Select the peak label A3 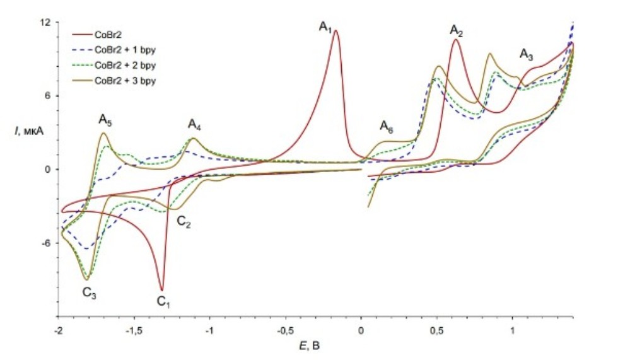[x=527, y=55]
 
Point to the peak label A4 [x=194, y=124]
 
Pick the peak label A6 [x=386, y=127]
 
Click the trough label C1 [x=164, y=303]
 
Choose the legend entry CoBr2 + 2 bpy [x=124, y=66]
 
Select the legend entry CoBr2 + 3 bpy [x=124, y=81]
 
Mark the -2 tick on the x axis [x=59, y=329]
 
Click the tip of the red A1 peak [x=336, y=30]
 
